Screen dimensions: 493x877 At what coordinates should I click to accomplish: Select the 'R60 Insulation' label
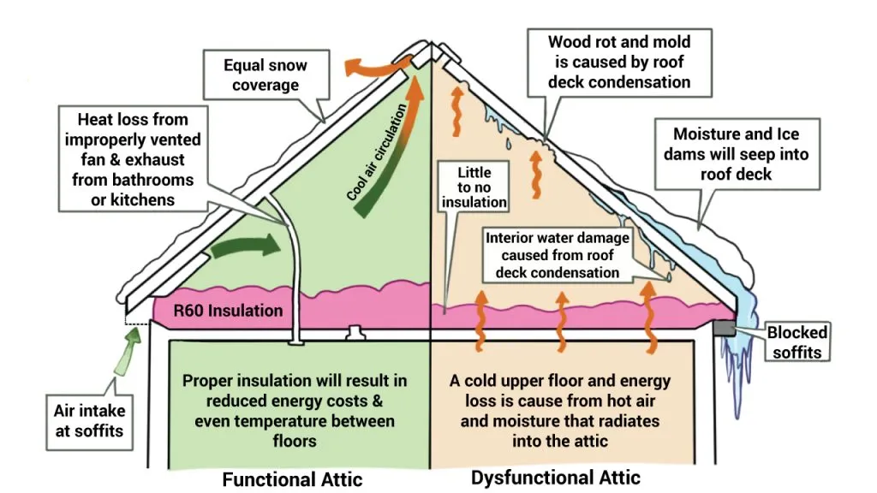[228, 310]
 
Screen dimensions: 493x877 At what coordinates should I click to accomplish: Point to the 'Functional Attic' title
[292, 478]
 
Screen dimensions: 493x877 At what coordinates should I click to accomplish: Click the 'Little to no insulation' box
[474, 187]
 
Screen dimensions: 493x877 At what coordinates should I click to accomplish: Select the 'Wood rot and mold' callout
[618, 62]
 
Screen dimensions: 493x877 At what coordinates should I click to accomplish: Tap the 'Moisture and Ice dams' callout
[736, 154]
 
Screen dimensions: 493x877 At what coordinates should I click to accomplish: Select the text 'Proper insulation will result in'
[295, 381]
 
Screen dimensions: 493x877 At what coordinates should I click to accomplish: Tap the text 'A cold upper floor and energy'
[560, 381]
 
